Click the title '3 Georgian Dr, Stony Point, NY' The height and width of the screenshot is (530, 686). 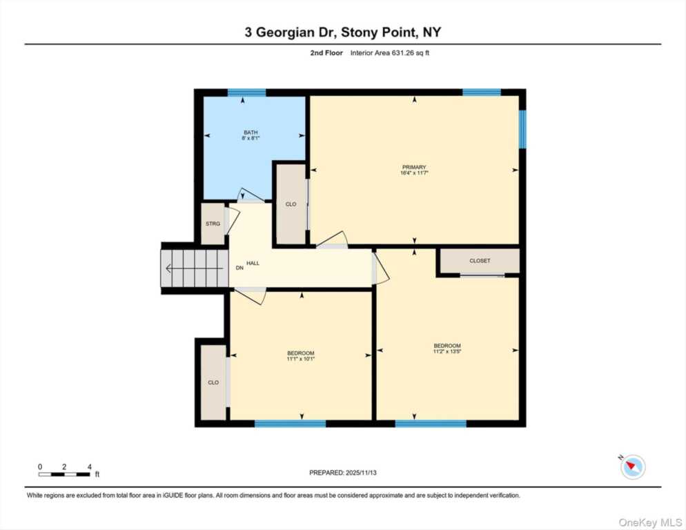point(342,32)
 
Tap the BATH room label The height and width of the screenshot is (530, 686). point(251,132)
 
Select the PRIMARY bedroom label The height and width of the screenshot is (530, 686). point(414,167)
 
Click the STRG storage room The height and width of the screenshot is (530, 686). point(213,224)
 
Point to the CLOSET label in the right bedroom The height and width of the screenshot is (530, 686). point(479,261)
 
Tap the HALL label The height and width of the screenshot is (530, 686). point(253,264)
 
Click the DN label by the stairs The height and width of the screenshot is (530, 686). point(239,268)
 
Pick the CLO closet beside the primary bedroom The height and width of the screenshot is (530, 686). point(291,204)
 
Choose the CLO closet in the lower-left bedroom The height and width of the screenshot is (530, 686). point(213,382)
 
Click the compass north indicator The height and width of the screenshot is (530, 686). point(632,467)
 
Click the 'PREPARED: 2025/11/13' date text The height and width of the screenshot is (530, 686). point(342,473)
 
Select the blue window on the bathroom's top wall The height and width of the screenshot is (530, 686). point(246,92)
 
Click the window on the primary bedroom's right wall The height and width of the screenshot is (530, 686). point(522,129)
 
